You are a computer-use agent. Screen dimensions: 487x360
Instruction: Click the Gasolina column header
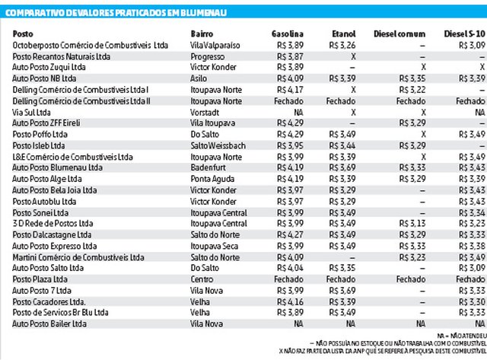click(x=288, y=33)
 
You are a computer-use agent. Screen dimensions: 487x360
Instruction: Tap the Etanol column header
click(x=343, y=33)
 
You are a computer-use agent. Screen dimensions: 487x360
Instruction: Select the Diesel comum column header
click(x=399, y=33)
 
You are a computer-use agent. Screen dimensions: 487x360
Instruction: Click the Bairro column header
click(x=202, y=33)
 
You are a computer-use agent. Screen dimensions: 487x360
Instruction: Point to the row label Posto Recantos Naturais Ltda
click(x=61, y=56)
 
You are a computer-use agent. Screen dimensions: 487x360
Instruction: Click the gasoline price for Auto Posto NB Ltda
click(x=290, y=78)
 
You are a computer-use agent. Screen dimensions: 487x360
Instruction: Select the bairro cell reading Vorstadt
click(x=205, y=113)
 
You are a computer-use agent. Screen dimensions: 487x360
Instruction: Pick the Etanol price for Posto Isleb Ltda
click(x=342, y=145)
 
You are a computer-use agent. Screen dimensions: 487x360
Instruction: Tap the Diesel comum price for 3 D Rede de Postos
click(x=412, y=223)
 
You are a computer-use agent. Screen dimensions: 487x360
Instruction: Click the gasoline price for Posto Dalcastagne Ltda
click(x=290, y=235)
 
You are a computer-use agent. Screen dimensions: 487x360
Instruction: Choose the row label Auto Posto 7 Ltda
click(x=42, y=291)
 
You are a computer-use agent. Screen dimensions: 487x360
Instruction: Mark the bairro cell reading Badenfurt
click(x=208, y=167)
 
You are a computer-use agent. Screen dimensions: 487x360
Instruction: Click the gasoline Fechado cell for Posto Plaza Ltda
click(x=288, y=279)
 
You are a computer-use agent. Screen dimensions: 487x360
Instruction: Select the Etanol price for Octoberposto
click(x=342, y=46)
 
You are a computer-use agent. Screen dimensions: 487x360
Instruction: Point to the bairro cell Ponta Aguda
click(x=212, y=179)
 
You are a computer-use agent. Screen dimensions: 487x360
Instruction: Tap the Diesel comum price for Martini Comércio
click(x=412, y=257)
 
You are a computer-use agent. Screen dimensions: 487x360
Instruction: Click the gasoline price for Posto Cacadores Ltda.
click(x=290, y=302)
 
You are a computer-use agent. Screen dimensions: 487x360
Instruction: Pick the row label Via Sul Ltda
click(x=31, y=113)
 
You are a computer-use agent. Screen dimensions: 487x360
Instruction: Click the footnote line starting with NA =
click(x=462, y=336)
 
